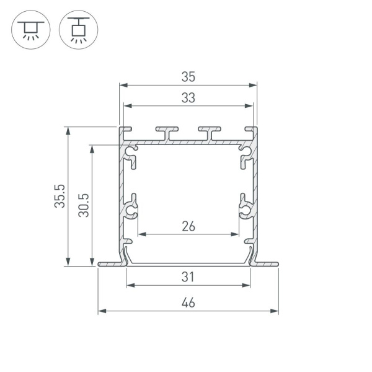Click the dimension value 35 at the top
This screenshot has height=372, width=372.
point(188,77)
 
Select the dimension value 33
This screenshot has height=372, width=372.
point(188,97)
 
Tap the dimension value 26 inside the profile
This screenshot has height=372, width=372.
point(188,226)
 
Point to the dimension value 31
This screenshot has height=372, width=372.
point(188,277)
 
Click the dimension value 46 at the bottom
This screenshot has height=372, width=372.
point(188,303)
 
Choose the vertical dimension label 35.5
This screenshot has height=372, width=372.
point(60,196)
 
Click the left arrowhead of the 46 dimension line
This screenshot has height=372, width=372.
point(101,311)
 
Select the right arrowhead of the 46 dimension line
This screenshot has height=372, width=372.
point(276,311)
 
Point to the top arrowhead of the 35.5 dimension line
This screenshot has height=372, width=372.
point(67,130)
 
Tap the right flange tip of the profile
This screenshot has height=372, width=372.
point(277,265)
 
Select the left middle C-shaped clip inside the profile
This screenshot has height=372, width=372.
point(131,208)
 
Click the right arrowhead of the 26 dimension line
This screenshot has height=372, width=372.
point(236,234)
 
